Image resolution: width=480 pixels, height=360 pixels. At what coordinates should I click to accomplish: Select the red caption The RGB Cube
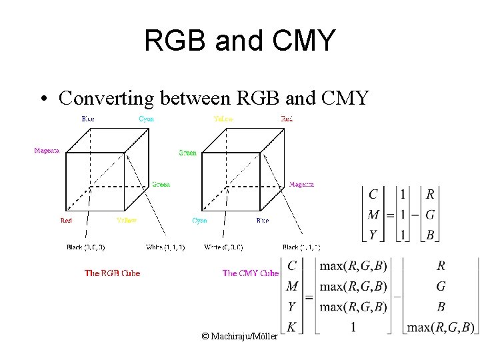click(x=113, y=273)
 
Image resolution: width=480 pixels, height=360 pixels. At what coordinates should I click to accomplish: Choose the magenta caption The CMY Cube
click(x=250, y=273)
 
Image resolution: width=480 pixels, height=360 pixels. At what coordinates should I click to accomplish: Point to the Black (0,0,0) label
click(x=85, y=247)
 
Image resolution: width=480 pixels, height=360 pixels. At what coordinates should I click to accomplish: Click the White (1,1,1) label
click(x=165, y=247)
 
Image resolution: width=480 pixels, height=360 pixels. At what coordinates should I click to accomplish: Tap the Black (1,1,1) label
click(x=301, y=247)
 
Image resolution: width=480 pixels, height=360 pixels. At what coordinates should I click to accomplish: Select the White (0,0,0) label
click(x=223, y=247)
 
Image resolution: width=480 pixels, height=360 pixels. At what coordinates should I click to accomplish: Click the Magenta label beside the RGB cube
click(x=47, y=150)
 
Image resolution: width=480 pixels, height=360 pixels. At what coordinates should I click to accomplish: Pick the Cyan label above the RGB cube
click(x=146, y=119)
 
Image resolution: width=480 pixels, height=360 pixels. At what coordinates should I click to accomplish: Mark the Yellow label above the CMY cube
click(x=223, y=119)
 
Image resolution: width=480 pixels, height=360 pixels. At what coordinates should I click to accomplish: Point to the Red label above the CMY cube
click(x=287, y=119)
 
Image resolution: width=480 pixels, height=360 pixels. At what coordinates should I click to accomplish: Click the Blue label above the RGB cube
click(x=88, y=119)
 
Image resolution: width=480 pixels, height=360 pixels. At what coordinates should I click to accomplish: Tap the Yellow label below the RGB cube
click(x=126, y=220)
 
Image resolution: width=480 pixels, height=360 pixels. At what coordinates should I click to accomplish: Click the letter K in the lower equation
click(x=291, y=327)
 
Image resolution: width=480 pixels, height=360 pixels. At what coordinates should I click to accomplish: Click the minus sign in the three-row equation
click(x=415, y=215)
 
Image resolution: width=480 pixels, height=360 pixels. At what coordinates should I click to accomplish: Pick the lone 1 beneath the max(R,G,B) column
click(x=353, y=327)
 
